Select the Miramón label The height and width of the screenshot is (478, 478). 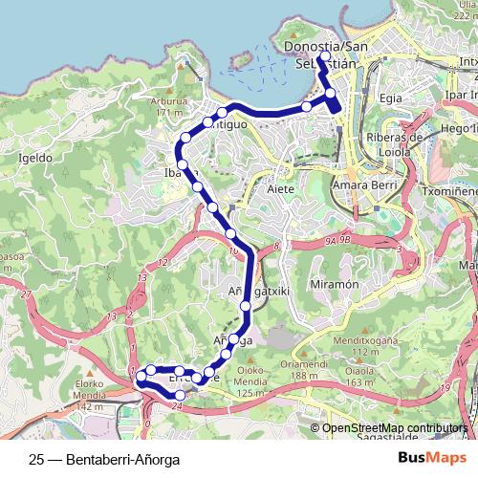[x=334, y=285]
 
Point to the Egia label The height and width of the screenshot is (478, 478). [x=390, y=98]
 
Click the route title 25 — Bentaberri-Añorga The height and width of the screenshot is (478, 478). [x=104, y=458]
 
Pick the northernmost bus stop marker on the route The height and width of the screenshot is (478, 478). [x=323, y=57]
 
